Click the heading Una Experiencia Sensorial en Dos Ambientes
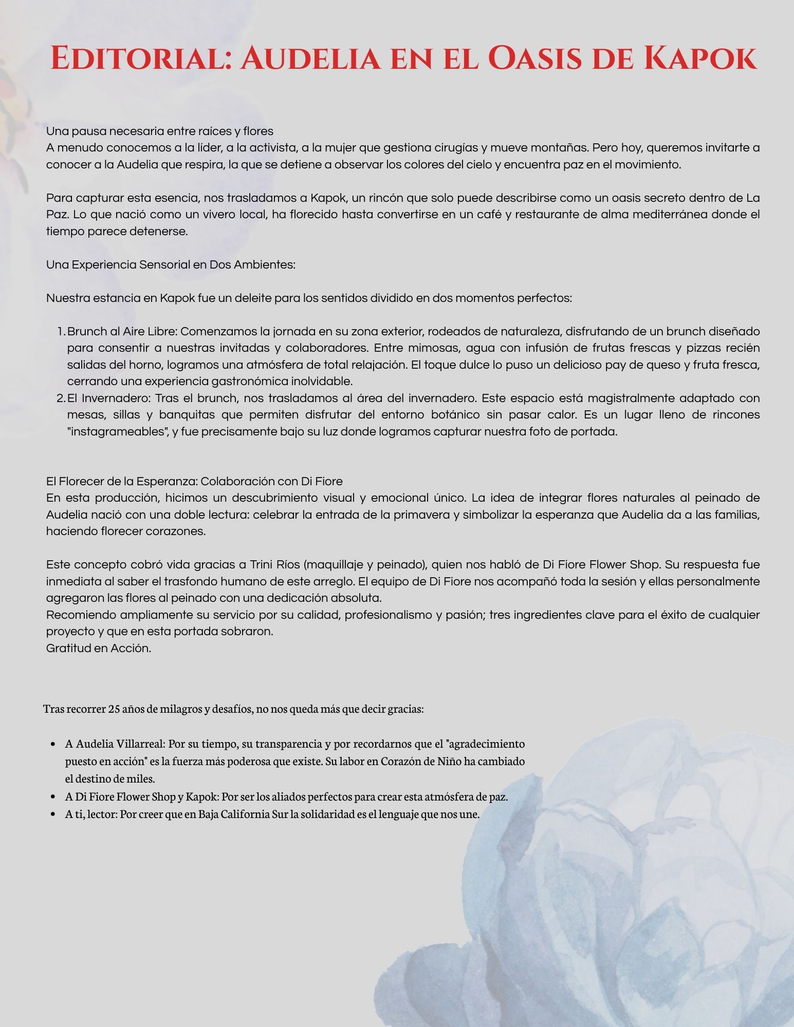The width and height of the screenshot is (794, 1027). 171,264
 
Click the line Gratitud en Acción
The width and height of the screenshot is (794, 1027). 99,648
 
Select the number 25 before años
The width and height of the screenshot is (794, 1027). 114,709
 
